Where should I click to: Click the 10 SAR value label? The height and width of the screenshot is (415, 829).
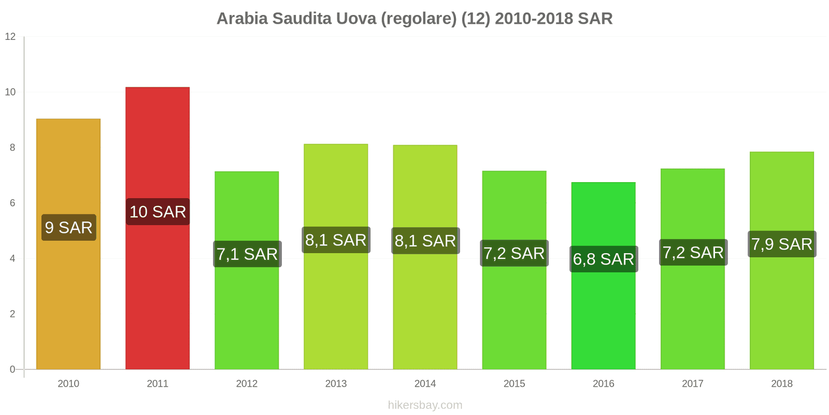point(158,212)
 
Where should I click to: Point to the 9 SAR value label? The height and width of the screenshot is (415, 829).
point(68,227)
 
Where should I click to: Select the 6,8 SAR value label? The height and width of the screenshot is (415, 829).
point(604,259)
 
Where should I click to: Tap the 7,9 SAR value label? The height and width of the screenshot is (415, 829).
point(782,244)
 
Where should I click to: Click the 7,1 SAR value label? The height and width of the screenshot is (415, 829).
point(247,254)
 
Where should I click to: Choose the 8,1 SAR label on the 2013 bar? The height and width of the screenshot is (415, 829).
point(336,240)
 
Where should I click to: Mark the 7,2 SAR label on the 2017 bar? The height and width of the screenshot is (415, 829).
point(693,253)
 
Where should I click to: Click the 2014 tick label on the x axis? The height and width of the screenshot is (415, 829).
point(425,384)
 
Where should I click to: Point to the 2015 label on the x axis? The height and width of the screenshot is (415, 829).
point(514,384)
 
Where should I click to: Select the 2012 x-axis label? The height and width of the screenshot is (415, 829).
point(247,384)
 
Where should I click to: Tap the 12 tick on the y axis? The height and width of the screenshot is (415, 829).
point(10,37)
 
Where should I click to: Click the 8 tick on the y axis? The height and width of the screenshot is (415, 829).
point(12,148)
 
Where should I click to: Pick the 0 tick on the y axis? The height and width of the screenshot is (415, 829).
point(12,369)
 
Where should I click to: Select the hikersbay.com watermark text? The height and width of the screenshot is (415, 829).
point(425,405)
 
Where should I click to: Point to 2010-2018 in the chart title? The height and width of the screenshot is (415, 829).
point(534,19)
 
